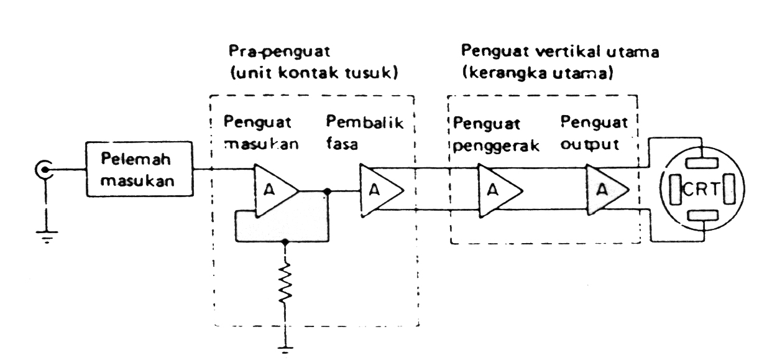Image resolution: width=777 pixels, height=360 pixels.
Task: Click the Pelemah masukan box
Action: [139, 169]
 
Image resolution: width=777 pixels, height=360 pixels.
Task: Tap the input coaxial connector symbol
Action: [45, 170]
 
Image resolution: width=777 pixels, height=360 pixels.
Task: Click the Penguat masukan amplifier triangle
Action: [277, 190]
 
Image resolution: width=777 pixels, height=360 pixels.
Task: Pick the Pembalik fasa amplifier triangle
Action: [382, 190]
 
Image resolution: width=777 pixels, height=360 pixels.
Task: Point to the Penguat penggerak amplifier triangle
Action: [500, 190]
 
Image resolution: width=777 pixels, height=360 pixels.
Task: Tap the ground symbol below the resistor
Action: [285, 350]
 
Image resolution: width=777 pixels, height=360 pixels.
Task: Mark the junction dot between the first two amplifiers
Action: [327, 191]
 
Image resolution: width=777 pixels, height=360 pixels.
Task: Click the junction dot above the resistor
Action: [285, 241]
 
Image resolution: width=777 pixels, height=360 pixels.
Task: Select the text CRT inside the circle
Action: [702, 190]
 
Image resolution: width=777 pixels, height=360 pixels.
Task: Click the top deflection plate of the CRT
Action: [702, 163]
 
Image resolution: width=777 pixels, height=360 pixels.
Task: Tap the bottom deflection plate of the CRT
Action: [703, 215]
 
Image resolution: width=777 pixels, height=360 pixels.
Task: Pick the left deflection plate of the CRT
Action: [676, 190]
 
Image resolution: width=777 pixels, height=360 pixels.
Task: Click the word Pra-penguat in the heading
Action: [279, 52]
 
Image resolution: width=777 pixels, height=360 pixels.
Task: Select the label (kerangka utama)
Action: [538, 73]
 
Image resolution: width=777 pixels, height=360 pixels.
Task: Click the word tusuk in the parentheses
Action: [369, 73]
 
